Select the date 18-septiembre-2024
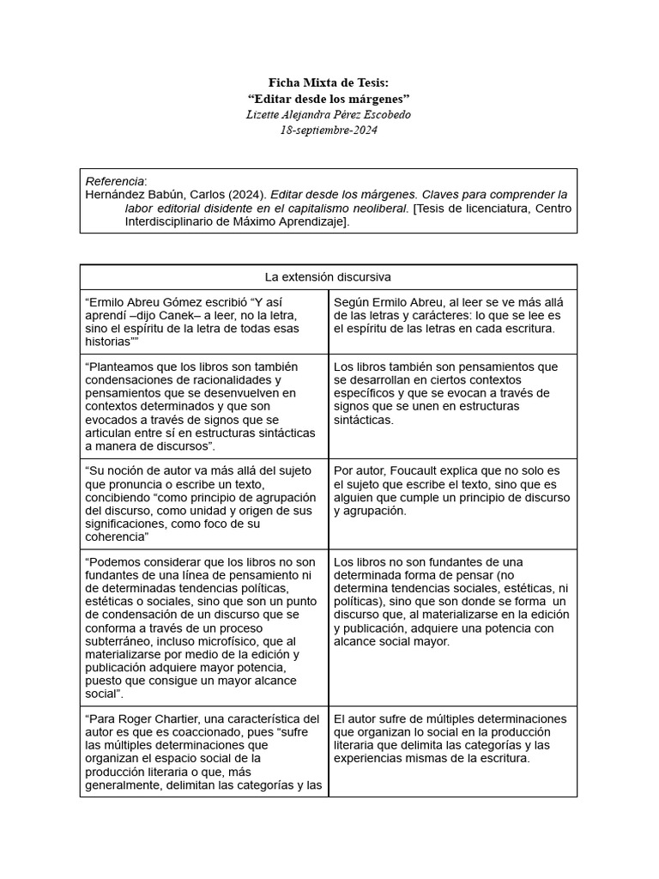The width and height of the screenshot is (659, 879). tap(329, 130)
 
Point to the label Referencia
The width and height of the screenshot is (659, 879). tap(115, 181)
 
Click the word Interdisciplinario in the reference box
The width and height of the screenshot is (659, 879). tap(177, 221)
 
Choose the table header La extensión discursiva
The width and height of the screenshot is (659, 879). tap(329, 277)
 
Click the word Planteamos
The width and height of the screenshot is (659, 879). tap(124, 367)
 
